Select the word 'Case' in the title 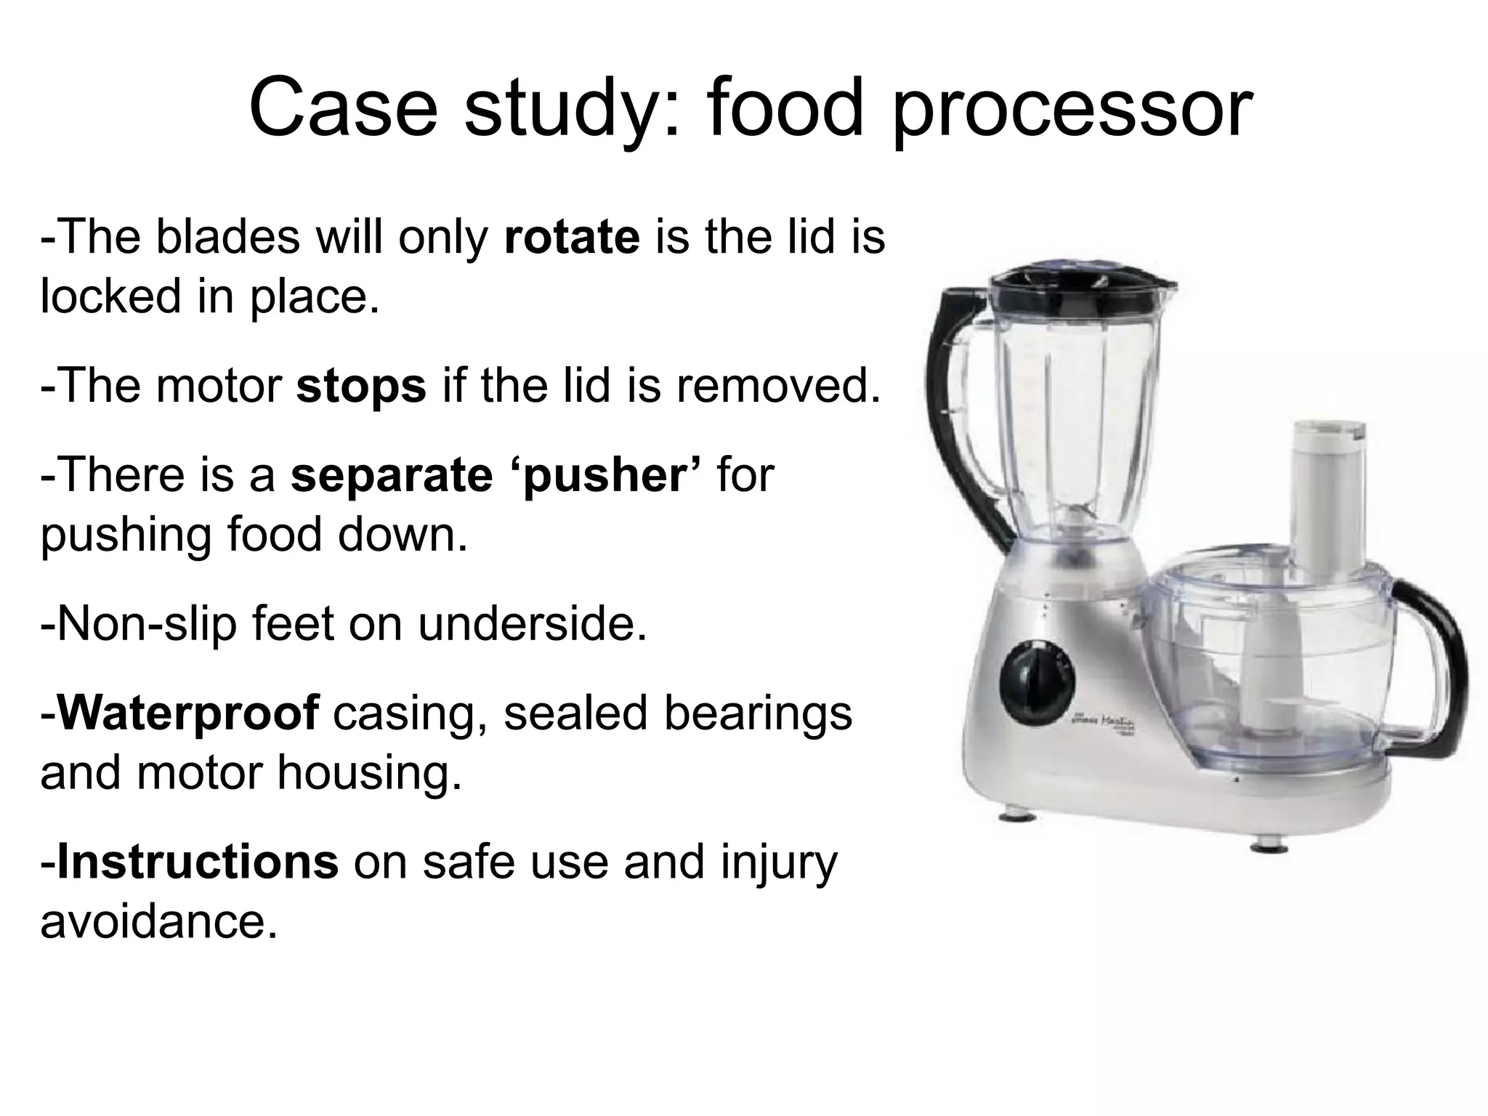coord(343,109)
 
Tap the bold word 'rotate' coord(571,237)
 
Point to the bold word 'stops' coord(360,386)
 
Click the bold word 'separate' coord(391,475)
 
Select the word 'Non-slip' coord(139,623)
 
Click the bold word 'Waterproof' coord(187,713)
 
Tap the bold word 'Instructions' coord(197,861)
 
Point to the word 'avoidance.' coord(159,921)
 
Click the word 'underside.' coord(532,623)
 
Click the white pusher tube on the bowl coord(1330,494)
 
